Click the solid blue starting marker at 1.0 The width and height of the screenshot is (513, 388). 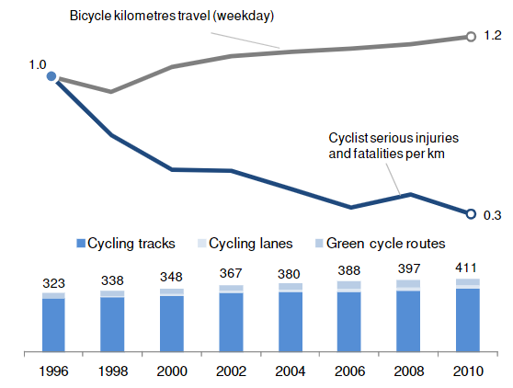coord(51,76)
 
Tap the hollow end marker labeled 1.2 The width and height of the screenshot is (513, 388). coord(471,37)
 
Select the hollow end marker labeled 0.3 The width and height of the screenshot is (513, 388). coord(471,214)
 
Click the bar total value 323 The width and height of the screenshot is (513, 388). coord(53,283)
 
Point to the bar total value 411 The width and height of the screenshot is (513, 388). coord(466,268)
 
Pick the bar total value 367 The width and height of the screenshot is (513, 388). coord(231,273)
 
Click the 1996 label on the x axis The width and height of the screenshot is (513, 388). coord(53,371)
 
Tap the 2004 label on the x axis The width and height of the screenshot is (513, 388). coord(291,371)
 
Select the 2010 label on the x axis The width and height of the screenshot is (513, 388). coord(468,371)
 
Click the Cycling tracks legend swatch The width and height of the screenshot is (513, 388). coord(81,243)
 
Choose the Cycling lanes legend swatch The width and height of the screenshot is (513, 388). coord(202,243)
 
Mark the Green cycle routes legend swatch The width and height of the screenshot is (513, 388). coord(319,243)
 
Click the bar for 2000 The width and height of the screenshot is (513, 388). coord(172,320)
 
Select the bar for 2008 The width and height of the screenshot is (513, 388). coord(408,316)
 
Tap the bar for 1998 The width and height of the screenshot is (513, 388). coord(112,321)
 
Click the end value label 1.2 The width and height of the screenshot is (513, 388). coord(493,35)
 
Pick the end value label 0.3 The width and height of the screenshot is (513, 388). coord(493,215)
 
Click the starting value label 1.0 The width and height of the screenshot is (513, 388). coord(38,64)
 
